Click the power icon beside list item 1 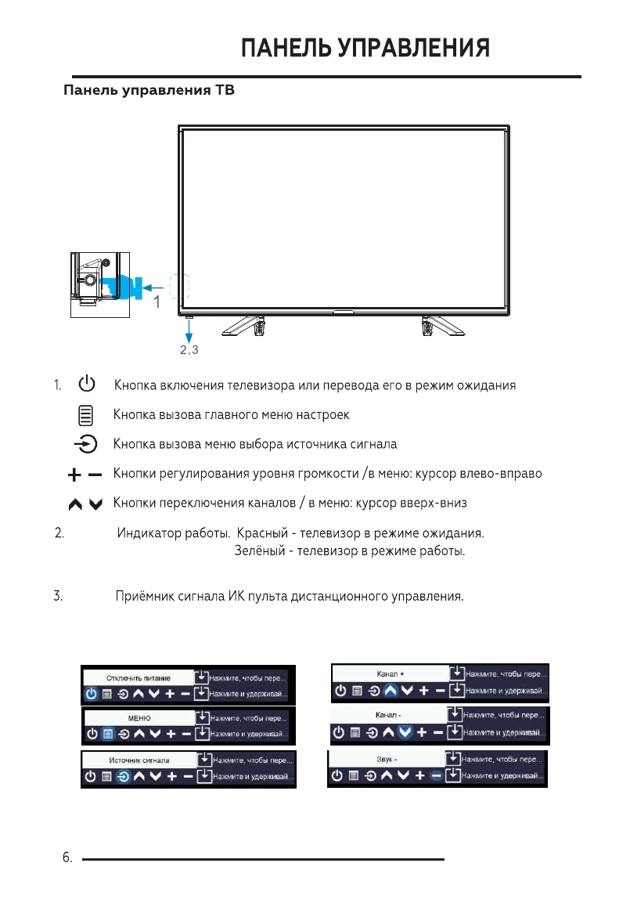87,385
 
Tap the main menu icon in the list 86,413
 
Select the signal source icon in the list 86,445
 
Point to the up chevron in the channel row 76,505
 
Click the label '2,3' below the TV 189,350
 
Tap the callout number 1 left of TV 157,301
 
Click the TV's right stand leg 431,325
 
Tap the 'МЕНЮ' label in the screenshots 139,717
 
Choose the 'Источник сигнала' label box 139,760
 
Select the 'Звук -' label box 386,758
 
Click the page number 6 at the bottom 67,858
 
